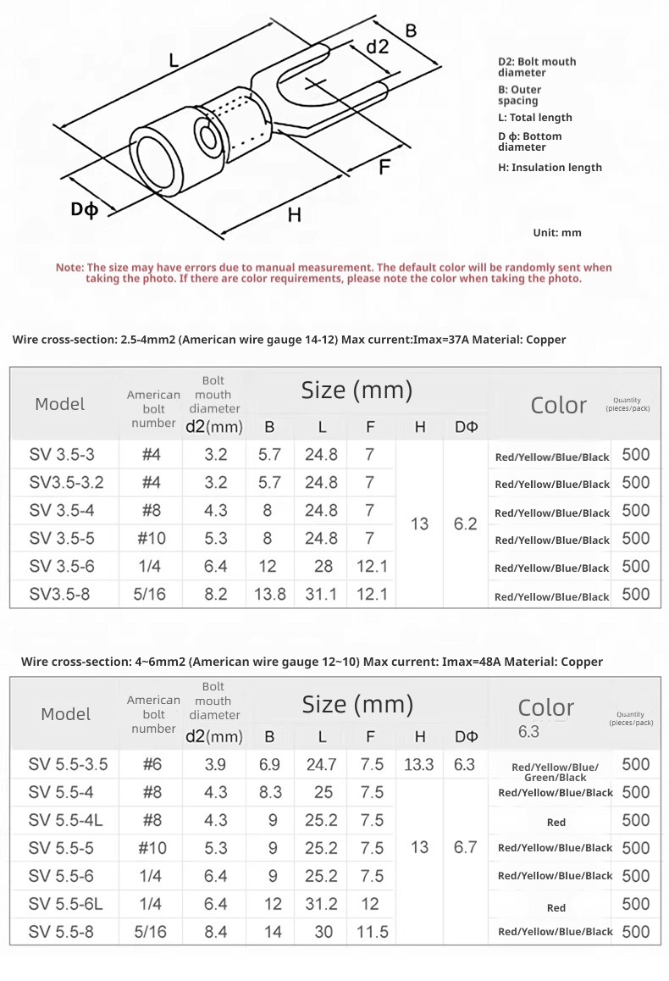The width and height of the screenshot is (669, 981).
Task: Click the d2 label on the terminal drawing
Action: point(378,47)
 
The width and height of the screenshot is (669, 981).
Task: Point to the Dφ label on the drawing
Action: point(84,208)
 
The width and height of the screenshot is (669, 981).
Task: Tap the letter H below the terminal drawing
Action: point(294,215)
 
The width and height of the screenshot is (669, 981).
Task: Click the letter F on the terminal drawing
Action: point(384,167)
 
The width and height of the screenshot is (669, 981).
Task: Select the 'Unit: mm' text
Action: point(557,232)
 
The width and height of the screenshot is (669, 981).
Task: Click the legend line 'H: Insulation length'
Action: point(550,168)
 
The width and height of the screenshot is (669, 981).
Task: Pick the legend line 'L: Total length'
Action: point(534,118)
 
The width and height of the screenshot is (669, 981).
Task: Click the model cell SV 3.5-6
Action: point(62,566)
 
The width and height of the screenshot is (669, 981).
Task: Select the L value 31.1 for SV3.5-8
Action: point(321,594)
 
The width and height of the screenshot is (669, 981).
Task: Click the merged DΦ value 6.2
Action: point(465,524)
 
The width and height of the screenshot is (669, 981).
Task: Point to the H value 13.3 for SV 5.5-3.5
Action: point(418,764)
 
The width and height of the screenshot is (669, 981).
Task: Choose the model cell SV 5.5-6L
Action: point(66,904)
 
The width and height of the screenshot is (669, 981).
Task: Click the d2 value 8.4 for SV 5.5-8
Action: point(216,932)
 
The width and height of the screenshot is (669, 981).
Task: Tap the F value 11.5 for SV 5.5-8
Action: point(372,932)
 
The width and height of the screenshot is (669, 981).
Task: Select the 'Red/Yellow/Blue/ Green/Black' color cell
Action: point(555,772)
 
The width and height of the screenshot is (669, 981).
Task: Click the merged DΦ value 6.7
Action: point(465,847)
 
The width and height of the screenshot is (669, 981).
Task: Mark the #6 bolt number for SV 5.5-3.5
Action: point(152,764)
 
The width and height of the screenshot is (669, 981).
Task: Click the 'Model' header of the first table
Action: point(60,404)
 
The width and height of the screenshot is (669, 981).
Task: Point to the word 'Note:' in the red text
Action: point(69,268)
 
